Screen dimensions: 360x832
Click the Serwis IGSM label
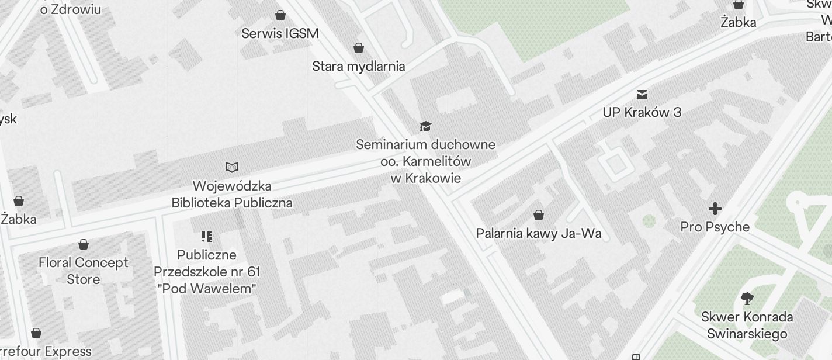click(280, 33)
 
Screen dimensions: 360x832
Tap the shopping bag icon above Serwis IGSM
click(280, 15)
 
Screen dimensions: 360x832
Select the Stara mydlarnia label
click(358, 66)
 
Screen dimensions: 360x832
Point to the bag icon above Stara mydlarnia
click(359, 47)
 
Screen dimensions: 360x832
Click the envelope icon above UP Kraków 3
click(642, 94)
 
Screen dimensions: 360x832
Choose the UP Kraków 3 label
click(642, 112)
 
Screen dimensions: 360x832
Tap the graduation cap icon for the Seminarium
click(426, 126)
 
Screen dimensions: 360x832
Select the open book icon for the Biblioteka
click(232, 168)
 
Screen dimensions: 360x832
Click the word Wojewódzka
click(232, 186)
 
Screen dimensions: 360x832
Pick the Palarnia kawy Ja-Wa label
click(539, 234)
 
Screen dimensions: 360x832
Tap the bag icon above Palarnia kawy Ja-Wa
click(539, 215)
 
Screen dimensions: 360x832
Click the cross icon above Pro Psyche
click(715, 209)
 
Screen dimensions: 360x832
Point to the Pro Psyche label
click(715, 227)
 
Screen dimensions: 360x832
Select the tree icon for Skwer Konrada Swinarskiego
click(747, 299)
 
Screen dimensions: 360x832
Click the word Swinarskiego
click(747, 334)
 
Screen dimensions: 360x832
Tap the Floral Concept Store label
click(84, 271)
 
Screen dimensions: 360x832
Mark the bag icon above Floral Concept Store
click(84, 244)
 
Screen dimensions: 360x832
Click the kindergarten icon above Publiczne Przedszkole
click(206, 237)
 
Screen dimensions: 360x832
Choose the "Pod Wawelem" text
click(207, 289)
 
